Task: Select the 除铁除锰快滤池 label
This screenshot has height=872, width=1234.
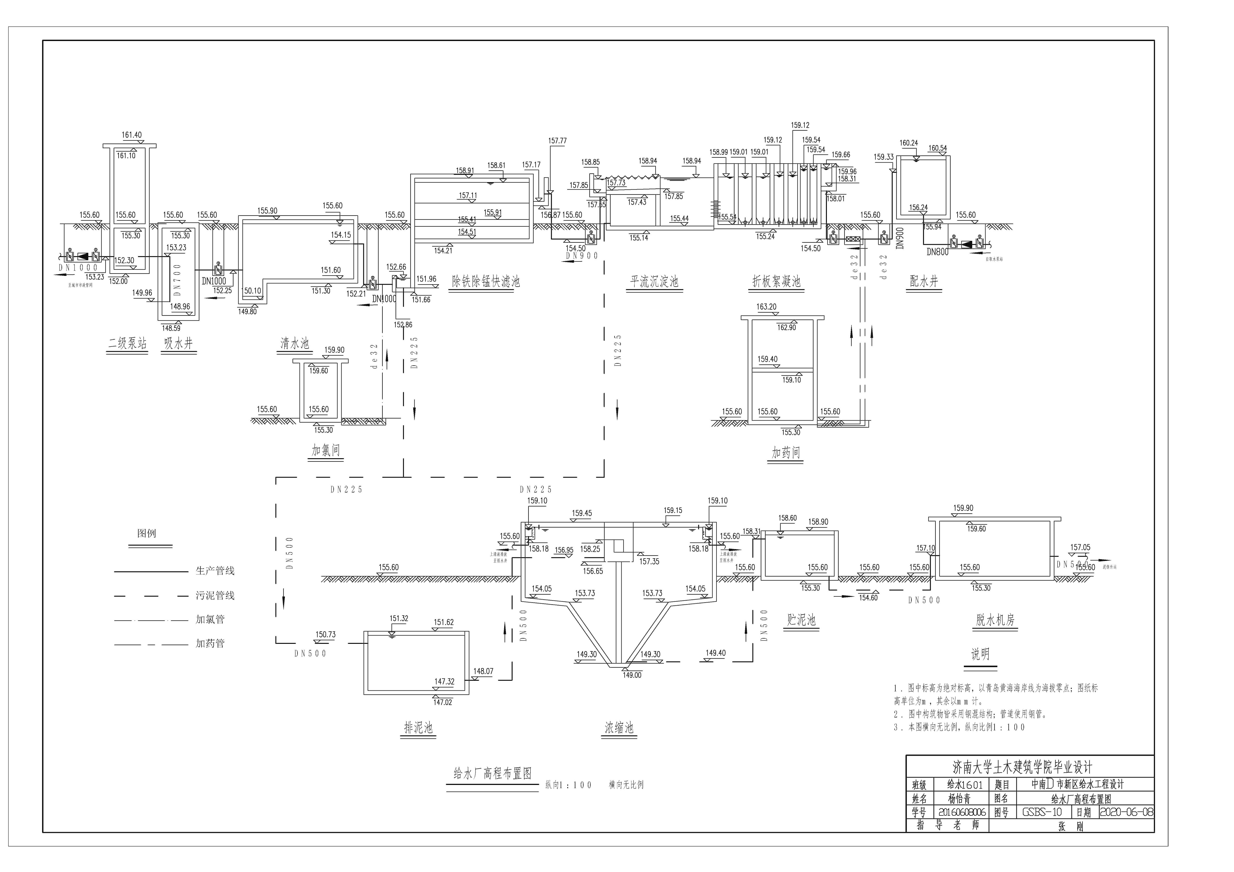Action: (485, 281)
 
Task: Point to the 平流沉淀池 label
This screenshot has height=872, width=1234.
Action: (654, 281)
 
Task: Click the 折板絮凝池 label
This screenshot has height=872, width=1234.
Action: (776, 281)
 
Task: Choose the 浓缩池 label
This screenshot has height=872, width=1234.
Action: (619, 728)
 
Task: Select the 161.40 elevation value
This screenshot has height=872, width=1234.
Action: (132, 135)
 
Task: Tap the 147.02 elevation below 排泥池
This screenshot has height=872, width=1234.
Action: (443, 702)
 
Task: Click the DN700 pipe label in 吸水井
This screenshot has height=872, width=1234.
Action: (177, 279)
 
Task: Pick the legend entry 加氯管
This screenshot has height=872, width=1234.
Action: (210, 619)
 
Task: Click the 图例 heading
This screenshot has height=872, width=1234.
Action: (147, 533)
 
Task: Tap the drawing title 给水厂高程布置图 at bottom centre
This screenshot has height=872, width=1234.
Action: (492, 774)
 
